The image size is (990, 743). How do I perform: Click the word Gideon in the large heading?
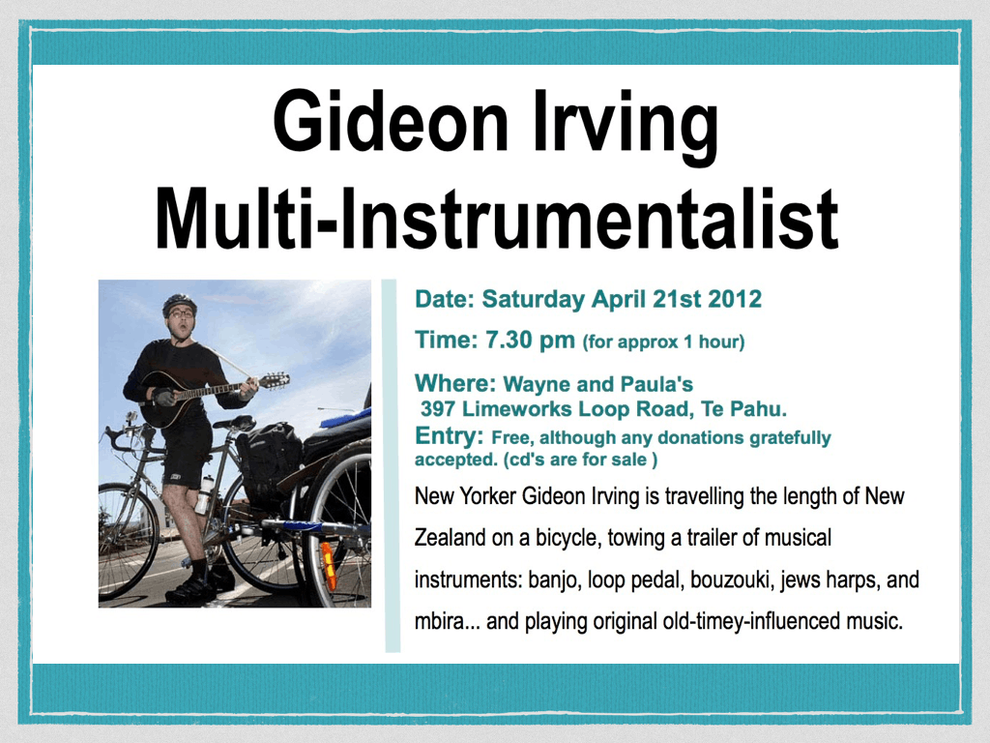coord(391,121)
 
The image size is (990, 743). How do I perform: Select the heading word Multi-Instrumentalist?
coord(497,217)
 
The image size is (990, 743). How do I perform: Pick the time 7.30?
coord(509,340)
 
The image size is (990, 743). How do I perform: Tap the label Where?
coord(456,383)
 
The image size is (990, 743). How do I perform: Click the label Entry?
coord(450,436)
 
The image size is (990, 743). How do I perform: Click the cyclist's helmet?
coord(179,303)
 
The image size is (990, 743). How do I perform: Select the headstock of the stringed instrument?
coord(274,380)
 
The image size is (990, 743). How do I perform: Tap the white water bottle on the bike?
coord(204,494)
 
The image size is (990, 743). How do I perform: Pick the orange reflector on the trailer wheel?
coord(328,558)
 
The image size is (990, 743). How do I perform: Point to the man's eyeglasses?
coord(181,313)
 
